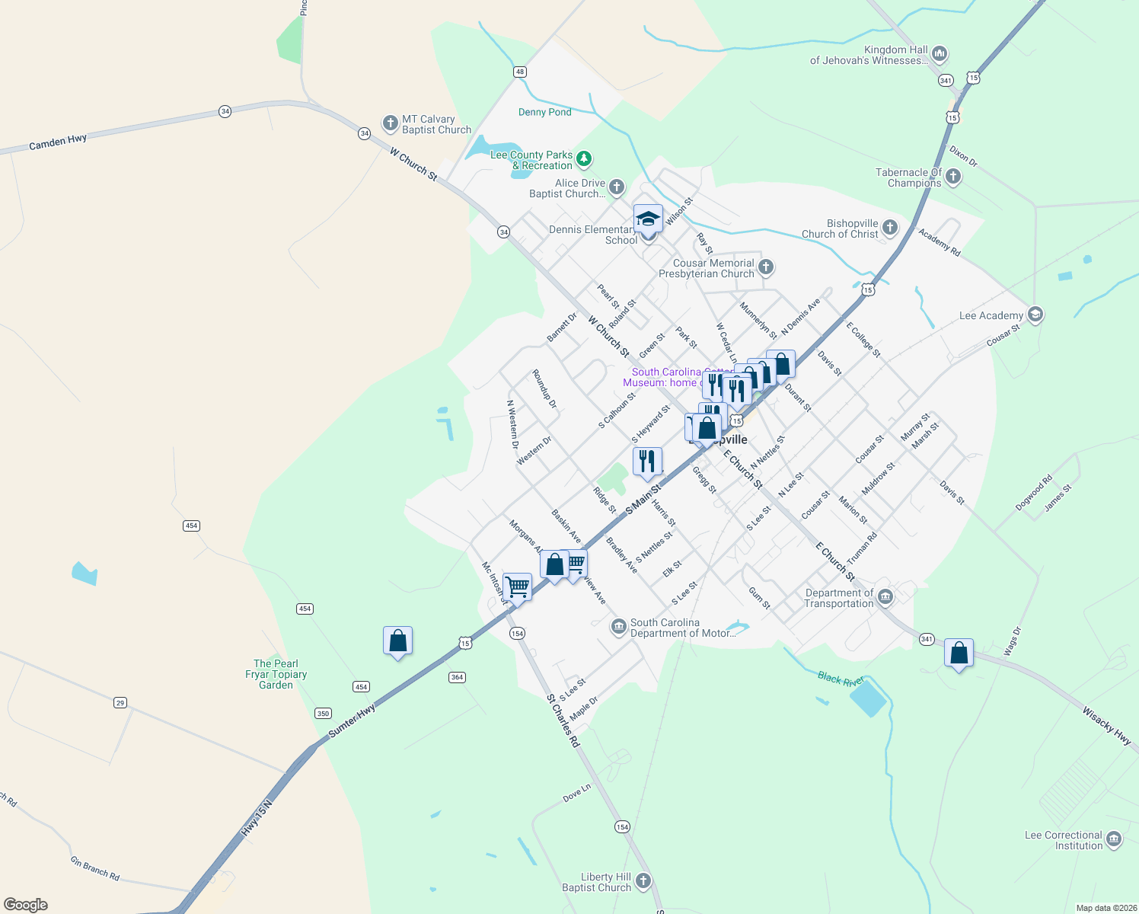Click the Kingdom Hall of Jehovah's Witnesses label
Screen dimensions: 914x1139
pyautogui.click(x=869, y=55)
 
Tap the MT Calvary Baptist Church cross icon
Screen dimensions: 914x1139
pyautogui.click(x=390, y=123)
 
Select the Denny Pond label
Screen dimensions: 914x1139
pyautogui.click(x=544, y=112)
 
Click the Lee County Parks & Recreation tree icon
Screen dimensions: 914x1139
pyautogui.click(x=584, y=159)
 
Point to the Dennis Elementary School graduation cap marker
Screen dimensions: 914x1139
pyautogui.click(x=648, y=219)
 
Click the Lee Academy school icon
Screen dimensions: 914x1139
pyautogui.click(x=1035, y=315)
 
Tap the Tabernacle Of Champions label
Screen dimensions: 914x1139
pyautogui.click(x=908, y=177)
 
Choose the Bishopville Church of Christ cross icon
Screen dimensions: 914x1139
pyautogui.click(x=889, y=228)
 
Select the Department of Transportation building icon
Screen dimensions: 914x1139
pyautogui.click(x=885, y=596)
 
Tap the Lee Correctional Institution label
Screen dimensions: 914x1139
pyautogui.click(x=1064, y=840)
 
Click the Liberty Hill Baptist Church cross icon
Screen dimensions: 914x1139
pyautogui.click(x=643, y=881)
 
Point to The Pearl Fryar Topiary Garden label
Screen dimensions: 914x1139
pyautogui.click(x=276, y=674)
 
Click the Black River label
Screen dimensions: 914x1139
pyautogui.click(x=841, y=678)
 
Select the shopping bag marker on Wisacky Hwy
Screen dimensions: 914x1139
pyautogui.click(x=959, y=654)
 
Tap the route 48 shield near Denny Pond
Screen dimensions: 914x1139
pyautogui.click(x=520, y=72)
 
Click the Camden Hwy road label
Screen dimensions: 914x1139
pyautogui.click(x=58, y=142)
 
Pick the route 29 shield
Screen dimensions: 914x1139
pyautogui.click(x=120, y=702)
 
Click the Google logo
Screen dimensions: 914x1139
pyautogui.click(x=26, y=904)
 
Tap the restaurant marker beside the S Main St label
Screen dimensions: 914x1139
pyautogui.click(x=647, y=462)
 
